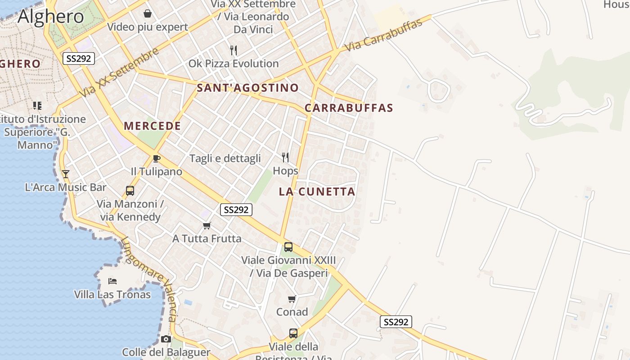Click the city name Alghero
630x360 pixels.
[51, 17]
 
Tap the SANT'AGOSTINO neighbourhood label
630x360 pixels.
[247, 88]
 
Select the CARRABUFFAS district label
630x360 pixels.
[349, 108]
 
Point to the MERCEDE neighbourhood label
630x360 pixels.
[152, 126]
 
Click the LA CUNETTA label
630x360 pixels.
[317, 192]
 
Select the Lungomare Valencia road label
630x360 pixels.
[148, 279]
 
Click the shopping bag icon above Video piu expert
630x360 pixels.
[147, 13]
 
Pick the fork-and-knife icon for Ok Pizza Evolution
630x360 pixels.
[233, 50]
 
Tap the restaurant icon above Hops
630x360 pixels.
[285, 157]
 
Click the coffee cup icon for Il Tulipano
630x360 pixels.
[156, 158]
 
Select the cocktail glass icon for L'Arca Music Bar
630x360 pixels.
[66, 174]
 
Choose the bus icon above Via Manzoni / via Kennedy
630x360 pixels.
[130, 190]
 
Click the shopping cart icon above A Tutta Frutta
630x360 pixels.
[207, 225]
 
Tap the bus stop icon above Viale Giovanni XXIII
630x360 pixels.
[288, 247]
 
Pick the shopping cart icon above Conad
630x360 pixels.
[292, 299]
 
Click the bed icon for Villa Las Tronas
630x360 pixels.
[112, 281]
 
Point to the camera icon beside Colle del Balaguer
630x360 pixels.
[166, 339]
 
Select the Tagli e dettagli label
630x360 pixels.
[225, 158]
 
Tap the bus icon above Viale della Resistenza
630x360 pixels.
[293, 333]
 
